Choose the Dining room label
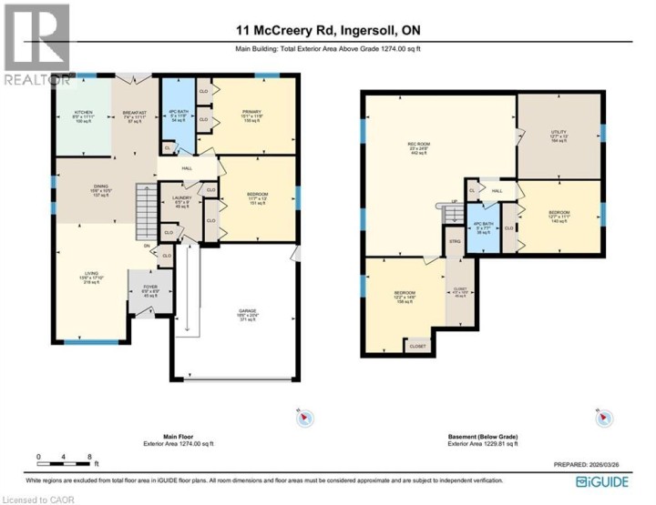click(x=100, y=192)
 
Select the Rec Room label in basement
click(x=417, y=146)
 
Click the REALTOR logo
click(x=36, y=45)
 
